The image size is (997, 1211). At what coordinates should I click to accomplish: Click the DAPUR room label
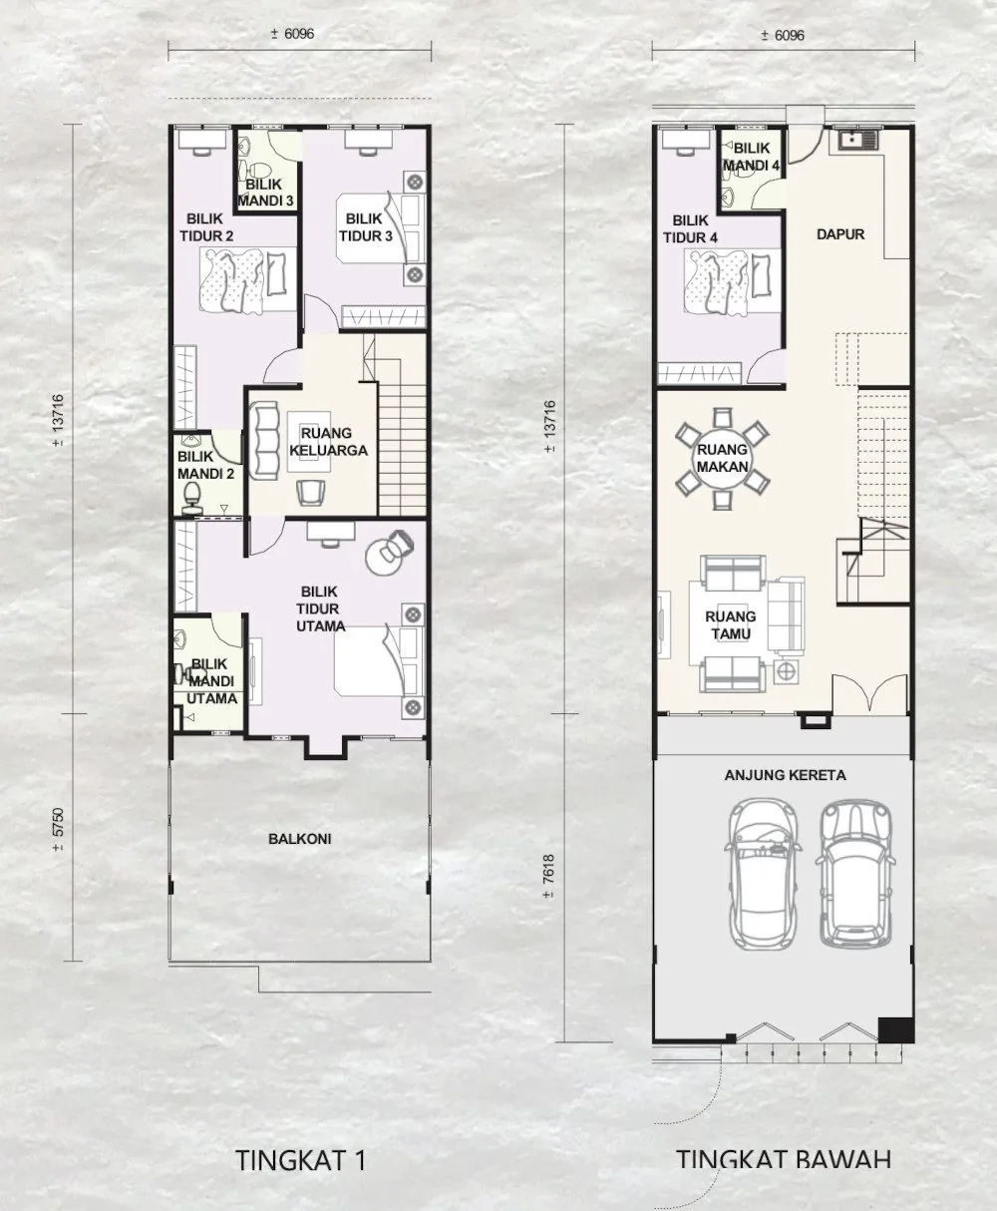pyautogui.click(x=839, y=234)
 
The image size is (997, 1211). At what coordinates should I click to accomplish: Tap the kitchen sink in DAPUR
pyautogui.click(x=855, y=139)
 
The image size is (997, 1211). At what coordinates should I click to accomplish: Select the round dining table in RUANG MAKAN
pyautogui.click(x=722, y=458)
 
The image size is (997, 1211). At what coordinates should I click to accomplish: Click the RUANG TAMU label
pyautogui.click(x=731, y=624)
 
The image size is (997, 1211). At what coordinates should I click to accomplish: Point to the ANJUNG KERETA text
pyautogui.click(x=785, y=775)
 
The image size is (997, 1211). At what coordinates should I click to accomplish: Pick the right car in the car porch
pyautogui.click(x=855, y=874)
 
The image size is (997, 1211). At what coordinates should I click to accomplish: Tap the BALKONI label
pyautogui.click(x=300, y=839)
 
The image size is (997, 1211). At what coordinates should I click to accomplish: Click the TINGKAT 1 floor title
pyautogui.click(x=301, y=1159)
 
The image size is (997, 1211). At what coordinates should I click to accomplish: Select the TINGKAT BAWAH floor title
pyautogui.click(x=784, y=1159)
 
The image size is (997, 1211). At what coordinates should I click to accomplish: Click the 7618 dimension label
pyautogui.click(x=549, y=877)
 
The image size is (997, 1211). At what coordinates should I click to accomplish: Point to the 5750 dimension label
pyautogui.click(x=58, y=831)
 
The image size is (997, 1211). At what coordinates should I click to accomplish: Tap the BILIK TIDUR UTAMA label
pyautogui.click(x=320, y=608)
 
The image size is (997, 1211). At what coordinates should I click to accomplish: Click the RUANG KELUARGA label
pyautogui.click(x=328, y=441)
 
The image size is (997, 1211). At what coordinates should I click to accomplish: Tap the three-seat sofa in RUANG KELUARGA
pyautogui.click(x=264, y=441)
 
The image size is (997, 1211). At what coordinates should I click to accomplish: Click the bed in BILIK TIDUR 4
pyautogui.click(x=733, y=282)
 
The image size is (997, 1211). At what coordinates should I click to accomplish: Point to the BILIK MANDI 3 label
pyautogui.click(x=265, y=193)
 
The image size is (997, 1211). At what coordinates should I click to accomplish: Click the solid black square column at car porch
pyautogui.click(x=895, y=1030)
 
